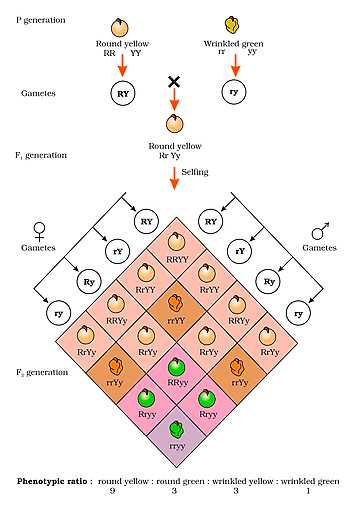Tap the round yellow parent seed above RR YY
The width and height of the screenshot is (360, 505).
click(121, 24)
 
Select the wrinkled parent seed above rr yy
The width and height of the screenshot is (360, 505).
click(235, 24)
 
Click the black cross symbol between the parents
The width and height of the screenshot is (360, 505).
click(174, 81)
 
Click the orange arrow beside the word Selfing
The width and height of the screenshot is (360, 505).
click(175, 176)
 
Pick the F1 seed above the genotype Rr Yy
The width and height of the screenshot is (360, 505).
click(174, 122)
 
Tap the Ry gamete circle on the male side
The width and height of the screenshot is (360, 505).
click(266, 283)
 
